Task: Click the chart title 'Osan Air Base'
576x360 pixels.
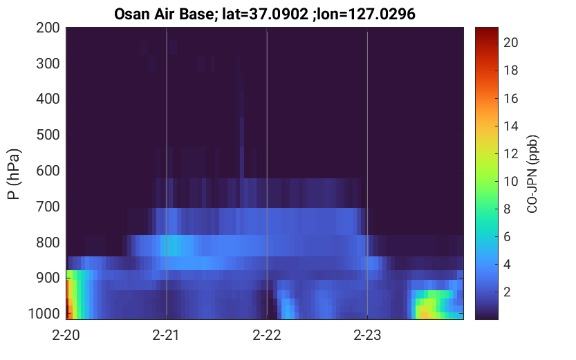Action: pyautogui.click(x=163, y=15)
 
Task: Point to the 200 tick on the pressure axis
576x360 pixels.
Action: pyautogui.click(x=48, y=28)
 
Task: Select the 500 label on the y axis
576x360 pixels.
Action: pyautogui.click(x=48, y=135)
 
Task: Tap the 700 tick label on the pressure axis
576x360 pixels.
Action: pyautogui.click(x=48, y=207)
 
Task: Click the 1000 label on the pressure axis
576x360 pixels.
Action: pyautogui.click(x=44, y=314)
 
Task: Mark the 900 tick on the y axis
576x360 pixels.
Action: pyautogui.click(x=48, y=278)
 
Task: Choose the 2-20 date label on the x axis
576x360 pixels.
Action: pyautogui.click(x=66, y=335)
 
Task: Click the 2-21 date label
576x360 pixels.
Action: pyautogui.click(x=166, y=335)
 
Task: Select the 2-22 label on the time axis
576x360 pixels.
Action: pyautogui.click(x=267, y=335)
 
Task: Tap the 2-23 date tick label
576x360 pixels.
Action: pyautogui.click(x=367, y=335)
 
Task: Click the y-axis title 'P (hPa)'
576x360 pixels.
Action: pyautogui.click(x=14, y=174)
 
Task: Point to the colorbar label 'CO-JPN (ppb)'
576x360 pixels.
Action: pyautogui.click(x=532, y=174)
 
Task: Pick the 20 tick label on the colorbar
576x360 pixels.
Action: pyautogui.click(x=510, y=43)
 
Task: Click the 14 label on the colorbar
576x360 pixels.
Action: pyautogui.click(x=510, y=126)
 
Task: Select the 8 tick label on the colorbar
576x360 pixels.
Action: pyautogui.click(x=507, y=209)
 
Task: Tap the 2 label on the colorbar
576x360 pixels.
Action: pyautogui.click(x=507, y=292)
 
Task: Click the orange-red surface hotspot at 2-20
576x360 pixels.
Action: pyautogui.click(x=68, y=299)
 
